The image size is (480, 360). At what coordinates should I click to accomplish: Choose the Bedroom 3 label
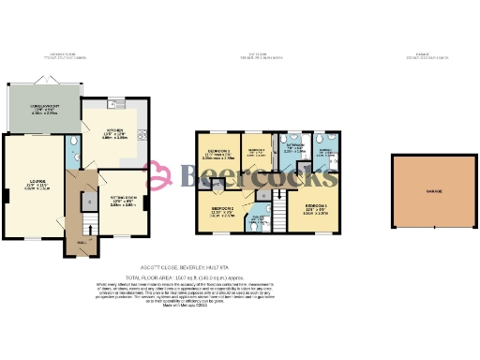pos(223,209)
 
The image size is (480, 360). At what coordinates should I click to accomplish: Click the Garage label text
pos(434,190)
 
